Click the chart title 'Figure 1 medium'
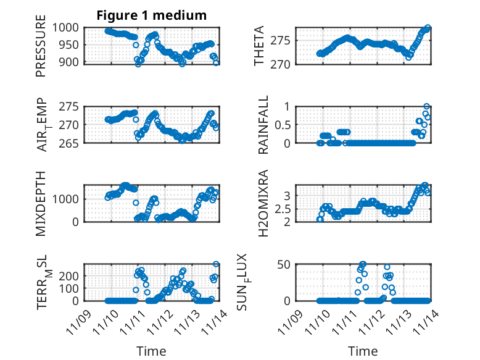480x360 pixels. (151, 15)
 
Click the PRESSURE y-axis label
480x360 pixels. (41, 49)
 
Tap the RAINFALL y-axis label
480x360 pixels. (263, 125)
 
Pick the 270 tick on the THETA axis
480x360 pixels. (283, 64)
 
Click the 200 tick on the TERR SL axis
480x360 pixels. (71, 275)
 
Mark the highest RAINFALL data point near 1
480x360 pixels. (426, 107)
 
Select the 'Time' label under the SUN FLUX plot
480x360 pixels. (362, 351)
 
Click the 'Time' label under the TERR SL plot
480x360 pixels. (151, 351)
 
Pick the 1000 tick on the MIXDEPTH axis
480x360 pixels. (68, 199)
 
